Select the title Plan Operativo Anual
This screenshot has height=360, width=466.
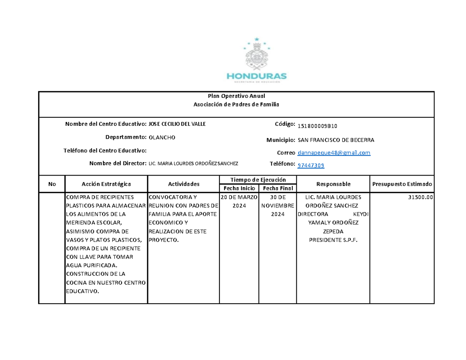click(x=236, y=96)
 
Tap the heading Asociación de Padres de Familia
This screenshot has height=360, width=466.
click(x=236, y=104)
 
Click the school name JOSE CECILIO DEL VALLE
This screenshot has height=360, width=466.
click(x=177, y=124)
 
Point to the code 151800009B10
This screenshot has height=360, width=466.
click(x=315, y=126)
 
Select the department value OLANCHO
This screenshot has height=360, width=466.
click(x=162, y=137)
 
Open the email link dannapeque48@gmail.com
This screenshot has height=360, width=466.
click(x=334, y=153)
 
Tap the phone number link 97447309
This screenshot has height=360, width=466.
click(x=311, y=166)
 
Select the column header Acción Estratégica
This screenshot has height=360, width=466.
click(x=106, y=184)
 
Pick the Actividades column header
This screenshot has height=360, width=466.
click(x=184, y=184)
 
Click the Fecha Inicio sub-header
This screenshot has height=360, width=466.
click(x=239, y=188)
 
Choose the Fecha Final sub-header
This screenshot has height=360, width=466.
click(x=277, y=188)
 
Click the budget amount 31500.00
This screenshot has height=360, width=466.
click(x=420, y=197)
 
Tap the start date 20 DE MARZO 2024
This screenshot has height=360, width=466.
click(x=239, y=202)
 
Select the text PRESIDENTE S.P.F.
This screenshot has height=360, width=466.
click(x=333, y=240)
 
